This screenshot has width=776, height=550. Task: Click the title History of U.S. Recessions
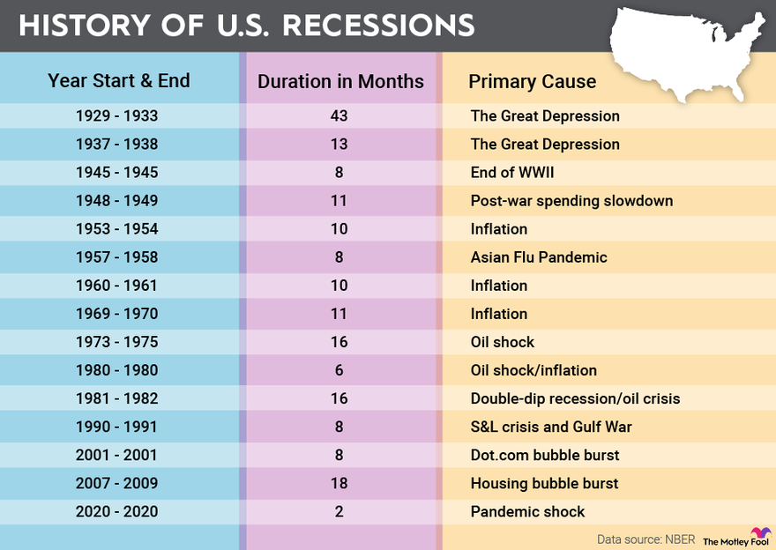(x=247, y=25)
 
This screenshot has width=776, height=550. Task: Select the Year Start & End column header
(x=118, y=81)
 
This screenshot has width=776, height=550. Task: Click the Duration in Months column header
(x=340, y=82)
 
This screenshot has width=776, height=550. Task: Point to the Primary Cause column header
(x=532, y=82)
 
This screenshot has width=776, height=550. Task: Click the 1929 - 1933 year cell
(x=116, y=115)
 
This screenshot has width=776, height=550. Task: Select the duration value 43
(x=339, y=115)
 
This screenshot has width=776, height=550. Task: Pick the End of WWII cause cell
(x=512, y=172)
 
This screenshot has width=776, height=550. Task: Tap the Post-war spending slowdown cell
(x=571, y=200)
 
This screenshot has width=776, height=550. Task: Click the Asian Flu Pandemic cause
(x=539, y=256)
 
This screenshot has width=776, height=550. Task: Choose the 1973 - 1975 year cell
(x=116, y=341)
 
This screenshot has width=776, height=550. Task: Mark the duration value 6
(x=339, y=369)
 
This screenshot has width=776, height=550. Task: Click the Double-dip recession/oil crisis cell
(x=575, y=398)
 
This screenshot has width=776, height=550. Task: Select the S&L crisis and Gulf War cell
(x=551, y=426)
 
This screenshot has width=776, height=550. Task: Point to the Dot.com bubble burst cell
(x=545, y=454)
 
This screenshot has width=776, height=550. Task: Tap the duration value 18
(x=339, y=482)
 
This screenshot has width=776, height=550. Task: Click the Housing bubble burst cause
(x=544, y=482)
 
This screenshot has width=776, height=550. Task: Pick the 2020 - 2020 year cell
(x=116, y=510)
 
